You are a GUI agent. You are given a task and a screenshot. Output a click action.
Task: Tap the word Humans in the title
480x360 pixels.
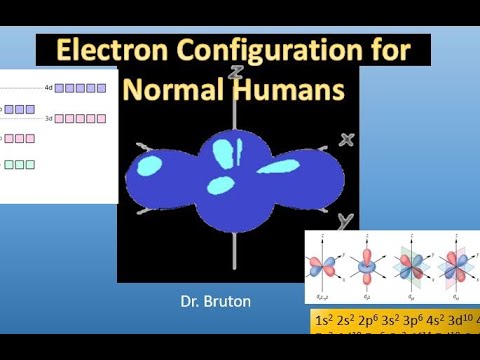tap(291, 89)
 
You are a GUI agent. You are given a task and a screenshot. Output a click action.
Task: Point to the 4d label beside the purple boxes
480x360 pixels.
tap(48, 88)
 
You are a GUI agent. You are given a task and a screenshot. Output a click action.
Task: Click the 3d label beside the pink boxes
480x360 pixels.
tap(48, 118)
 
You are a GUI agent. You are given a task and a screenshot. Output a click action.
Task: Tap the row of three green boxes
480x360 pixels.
tap(20, 164)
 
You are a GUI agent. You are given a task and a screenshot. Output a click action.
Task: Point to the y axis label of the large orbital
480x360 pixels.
tap(343, 219)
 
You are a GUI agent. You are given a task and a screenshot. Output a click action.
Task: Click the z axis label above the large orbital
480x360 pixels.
tap(234, 73)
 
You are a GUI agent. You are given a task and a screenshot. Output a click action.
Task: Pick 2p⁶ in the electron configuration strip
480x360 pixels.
tap(373, 321)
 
